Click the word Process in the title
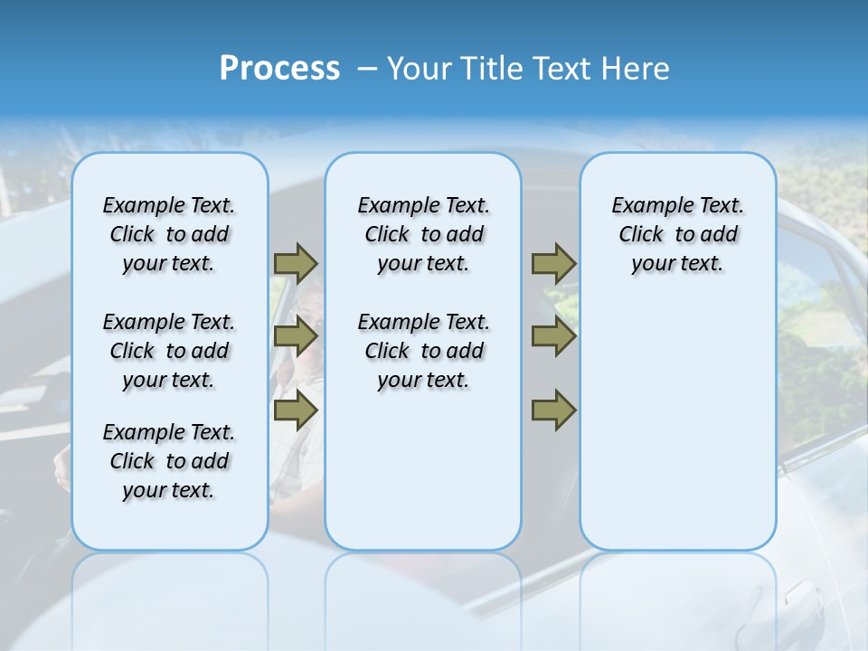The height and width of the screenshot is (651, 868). (279, 69)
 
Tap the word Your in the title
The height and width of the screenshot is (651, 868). (421, 69)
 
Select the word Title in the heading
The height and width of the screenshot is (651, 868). (494, 69)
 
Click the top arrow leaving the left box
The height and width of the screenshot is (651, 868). (296, 264)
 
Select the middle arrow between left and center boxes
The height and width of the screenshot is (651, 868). (296, 337)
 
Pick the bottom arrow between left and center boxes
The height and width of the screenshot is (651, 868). (296, 410)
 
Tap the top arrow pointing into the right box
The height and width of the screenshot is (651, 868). (553, 264)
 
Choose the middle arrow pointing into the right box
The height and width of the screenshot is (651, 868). (553, 337)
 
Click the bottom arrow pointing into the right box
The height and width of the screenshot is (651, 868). (553, 410)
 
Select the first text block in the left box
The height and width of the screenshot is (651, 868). (169, 234)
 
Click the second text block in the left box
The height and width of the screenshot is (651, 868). (169, 351)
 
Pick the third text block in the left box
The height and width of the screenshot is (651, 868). (169, 461)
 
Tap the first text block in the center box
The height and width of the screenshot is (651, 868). (423, 234)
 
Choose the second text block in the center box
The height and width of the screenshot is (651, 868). (423, 351)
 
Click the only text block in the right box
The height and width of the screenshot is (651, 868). (678, 234)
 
